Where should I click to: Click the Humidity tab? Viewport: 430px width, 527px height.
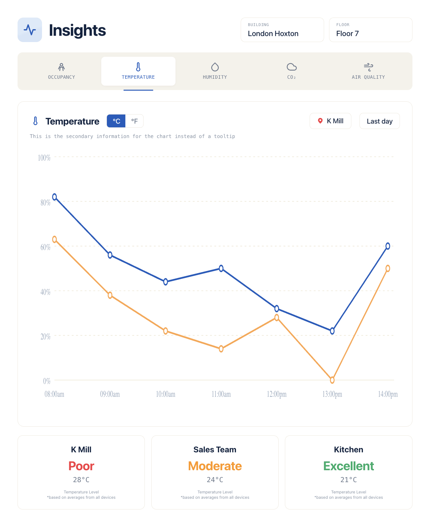click(x=215, y=71)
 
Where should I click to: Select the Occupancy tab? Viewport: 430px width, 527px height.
click(x=61, y=71)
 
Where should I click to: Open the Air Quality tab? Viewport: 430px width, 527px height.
click(x=368, y=71)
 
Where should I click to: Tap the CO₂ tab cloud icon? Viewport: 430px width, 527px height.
click(x=291, y=67)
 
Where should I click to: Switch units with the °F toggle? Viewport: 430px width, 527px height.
click(x=134, y=121)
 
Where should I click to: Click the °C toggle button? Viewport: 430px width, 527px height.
click(x=116, y=121)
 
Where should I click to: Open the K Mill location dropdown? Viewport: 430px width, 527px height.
click(x=330, y=121)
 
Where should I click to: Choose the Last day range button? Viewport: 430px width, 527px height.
click(x=380, y=121)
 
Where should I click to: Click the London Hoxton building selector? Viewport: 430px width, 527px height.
click(x=282, y=30)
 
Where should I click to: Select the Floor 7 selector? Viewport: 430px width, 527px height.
click(x=370, y=30)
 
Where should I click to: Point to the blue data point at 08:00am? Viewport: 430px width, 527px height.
click(x=55, y=197)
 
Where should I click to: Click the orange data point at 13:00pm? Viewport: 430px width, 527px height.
click(x=332, y=380)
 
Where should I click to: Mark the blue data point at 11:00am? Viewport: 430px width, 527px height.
click(x=221, y=269)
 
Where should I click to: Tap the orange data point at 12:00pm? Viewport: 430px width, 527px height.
click(x=277, y=318)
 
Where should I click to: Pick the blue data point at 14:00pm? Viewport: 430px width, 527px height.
click(x=388, y=246)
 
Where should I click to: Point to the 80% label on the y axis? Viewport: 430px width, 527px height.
click(x=45, y=203)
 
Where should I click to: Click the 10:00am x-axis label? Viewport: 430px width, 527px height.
click(x=165, y=394)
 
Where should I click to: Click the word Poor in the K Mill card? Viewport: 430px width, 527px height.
click(x=81, y=466)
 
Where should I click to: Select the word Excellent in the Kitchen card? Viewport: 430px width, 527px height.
click(x=349, y=466)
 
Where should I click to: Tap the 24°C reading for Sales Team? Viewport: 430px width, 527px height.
click(x=215, y=480)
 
